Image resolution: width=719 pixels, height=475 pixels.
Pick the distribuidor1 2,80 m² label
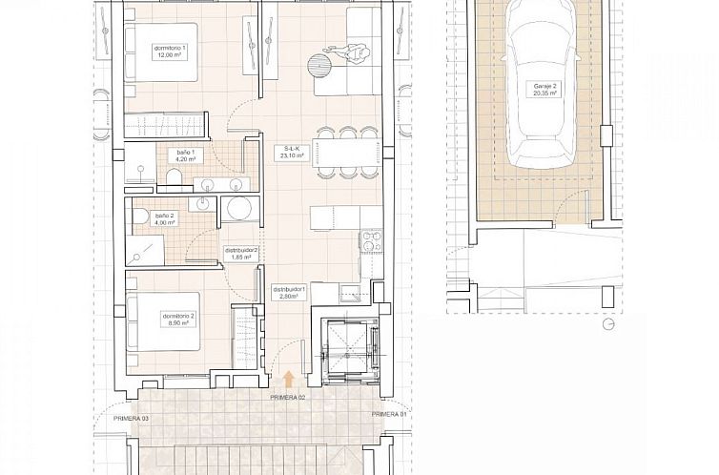click(x=289, y=293)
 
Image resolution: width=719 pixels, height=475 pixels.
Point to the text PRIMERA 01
click(x=389, y=414)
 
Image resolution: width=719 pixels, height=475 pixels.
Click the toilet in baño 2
click(x=141, y=217)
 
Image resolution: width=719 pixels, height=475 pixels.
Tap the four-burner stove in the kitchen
click(x=371, y=240)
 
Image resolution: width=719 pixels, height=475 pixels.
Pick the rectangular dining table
click(x=347, y=153)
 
